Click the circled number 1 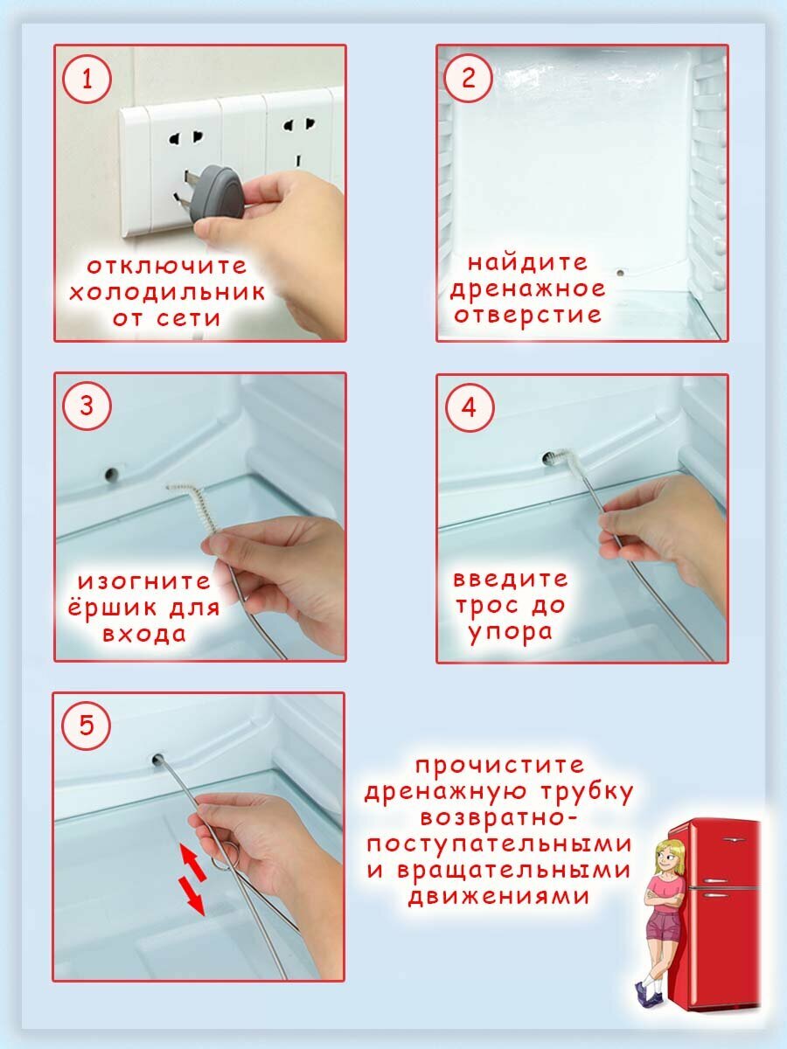(87, 79)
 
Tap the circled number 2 (469, 77)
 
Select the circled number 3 (87, 406)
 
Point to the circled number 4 (470, 407)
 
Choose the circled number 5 (86, 726)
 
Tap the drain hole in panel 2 (620, 274)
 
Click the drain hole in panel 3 (111, 474)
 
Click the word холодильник (167, 293)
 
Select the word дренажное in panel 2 (527, 289)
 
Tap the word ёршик (112, 608)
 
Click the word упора (511, 633)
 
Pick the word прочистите (500, 766)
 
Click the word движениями (498, 897)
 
